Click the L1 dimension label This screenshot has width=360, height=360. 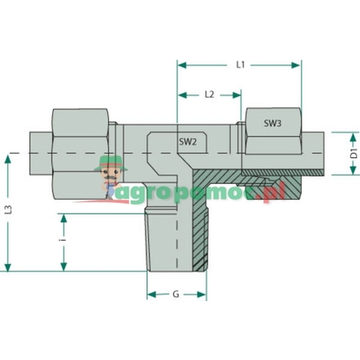tap(241, 65)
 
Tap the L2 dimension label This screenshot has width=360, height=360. tap(209, 95)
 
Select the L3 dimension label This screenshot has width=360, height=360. tap(8, 209)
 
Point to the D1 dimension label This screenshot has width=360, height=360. tap(353, 154)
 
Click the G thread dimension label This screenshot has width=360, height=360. tap(176, 295)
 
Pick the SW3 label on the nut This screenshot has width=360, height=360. tap(272, 124)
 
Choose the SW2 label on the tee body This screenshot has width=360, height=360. tap(187, 142)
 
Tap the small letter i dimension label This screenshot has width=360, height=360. tap(63, 240)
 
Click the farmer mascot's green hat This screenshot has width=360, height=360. tap(110, 164)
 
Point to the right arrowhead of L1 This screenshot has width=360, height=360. tap(295, 65)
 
